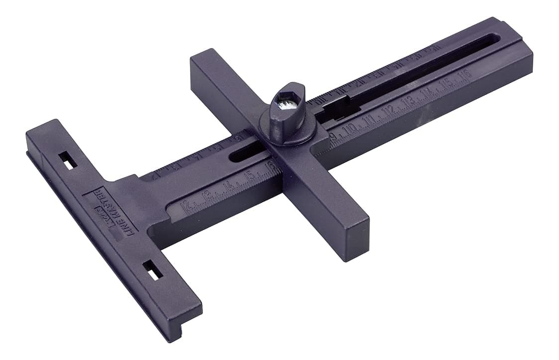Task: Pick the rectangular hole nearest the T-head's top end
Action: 65,159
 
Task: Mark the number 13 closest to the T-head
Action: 207,196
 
